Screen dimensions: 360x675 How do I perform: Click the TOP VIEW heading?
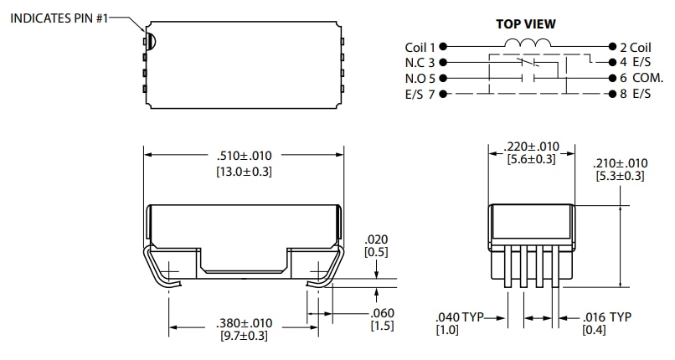tap(526, 24)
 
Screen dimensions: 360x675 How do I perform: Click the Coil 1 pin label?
tap(420, 48)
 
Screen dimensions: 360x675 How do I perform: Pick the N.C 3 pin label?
tap(420, 63)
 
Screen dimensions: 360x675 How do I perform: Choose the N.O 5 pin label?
tap(420, 78)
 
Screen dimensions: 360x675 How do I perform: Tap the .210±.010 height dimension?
tap(620, 163)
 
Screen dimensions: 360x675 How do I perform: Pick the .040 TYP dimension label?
tap(461, 316)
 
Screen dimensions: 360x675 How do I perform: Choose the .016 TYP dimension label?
tap(606, 316)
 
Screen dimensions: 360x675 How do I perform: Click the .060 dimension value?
tap(381, 313)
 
